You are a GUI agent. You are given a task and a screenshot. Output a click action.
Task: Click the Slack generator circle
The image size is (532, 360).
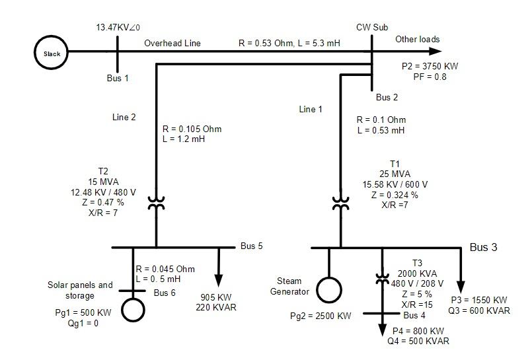pyautogui.click(x=52, y=54)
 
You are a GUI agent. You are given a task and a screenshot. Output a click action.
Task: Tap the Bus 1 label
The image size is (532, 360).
pyautogui.click(x=118, y=78)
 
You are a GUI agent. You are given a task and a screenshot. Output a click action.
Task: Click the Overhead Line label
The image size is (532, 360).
pyautogui.click(x=172, y=44)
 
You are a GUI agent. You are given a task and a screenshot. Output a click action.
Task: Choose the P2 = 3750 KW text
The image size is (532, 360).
pyautogui.click(x=430, y=67)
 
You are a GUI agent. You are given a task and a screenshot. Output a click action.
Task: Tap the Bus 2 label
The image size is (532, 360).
pyautogui.click(x=387, y=98)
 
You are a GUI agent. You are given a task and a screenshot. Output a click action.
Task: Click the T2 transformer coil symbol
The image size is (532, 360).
pyautogui.click(x=156, y=203)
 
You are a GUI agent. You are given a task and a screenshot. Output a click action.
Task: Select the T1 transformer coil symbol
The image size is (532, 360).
pyautogui.click(x=340, y=203)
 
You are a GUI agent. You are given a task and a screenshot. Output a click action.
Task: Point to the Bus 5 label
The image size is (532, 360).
pyautogui.click(x=252, y=246)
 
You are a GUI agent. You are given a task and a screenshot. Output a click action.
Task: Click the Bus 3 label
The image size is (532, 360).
pyautogui.click(x=483, y=248)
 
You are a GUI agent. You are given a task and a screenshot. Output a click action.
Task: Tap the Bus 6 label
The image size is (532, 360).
pyautogui.click(x=165, y=292)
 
